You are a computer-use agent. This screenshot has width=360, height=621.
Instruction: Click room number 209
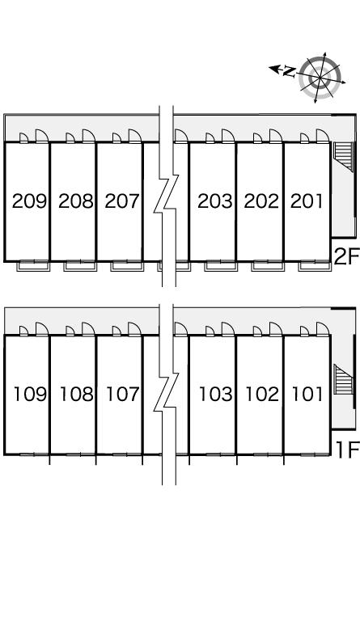29,201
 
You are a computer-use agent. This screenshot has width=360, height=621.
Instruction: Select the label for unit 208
76,201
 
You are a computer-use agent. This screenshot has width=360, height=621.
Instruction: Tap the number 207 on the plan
122,201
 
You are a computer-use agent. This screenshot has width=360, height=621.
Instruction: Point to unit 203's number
215,201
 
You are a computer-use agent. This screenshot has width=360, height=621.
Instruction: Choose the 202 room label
261,201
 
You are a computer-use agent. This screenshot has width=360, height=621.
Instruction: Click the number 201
307,201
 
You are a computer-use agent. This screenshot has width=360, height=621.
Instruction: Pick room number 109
31,394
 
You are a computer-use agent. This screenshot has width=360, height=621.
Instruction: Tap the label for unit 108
77,394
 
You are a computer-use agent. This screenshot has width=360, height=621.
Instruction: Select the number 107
123,394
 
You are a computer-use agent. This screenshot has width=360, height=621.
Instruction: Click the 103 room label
216,394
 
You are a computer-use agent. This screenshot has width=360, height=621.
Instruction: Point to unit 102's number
262,394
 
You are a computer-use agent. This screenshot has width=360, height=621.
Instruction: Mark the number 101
307,394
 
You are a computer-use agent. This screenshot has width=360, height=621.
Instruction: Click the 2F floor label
346,256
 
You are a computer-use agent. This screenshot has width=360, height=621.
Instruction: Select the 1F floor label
347,450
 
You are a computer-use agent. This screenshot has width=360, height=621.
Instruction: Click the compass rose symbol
320,78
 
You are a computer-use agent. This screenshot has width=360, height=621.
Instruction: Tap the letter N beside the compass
290,71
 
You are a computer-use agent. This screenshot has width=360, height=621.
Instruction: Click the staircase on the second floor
343,156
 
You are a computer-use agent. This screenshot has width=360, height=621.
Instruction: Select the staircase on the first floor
343,379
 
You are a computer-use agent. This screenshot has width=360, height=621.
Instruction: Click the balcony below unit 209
34,265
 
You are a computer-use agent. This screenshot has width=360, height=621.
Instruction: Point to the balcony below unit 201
315,265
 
